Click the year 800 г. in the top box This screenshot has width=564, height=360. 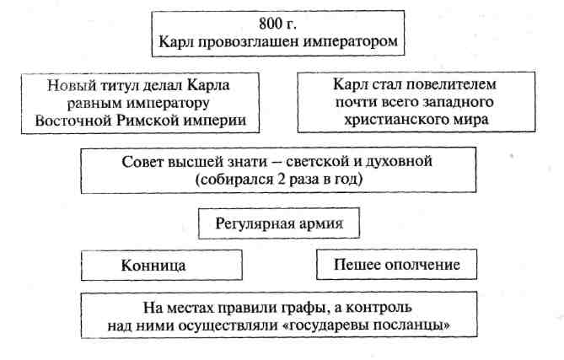click(x=277, y=24)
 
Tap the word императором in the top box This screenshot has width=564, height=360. click(x=351, y=41)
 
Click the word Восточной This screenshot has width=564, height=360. click(x=73, y=120)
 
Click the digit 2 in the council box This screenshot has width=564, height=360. click(x=281, y=179)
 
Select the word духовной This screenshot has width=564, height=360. click(x=399, y=162)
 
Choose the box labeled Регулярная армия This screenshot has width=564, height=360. click(x=279, y=223)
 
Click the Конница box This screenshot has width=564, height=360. click(x=162, y=266)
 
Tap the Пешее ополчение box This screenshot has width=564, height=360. click(x=397, y=265)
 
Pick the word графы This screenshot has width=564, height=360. click(x=308, y=309)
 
